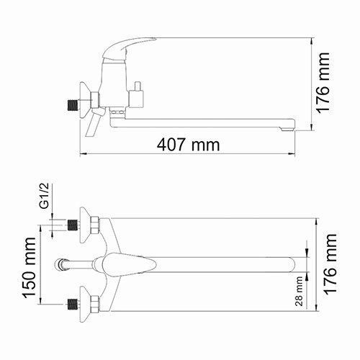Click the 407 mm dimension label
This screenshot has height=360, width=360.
(x=188, y=144)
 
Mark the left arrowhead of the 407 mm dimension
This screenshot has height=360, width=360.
(x=81, y=154)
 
